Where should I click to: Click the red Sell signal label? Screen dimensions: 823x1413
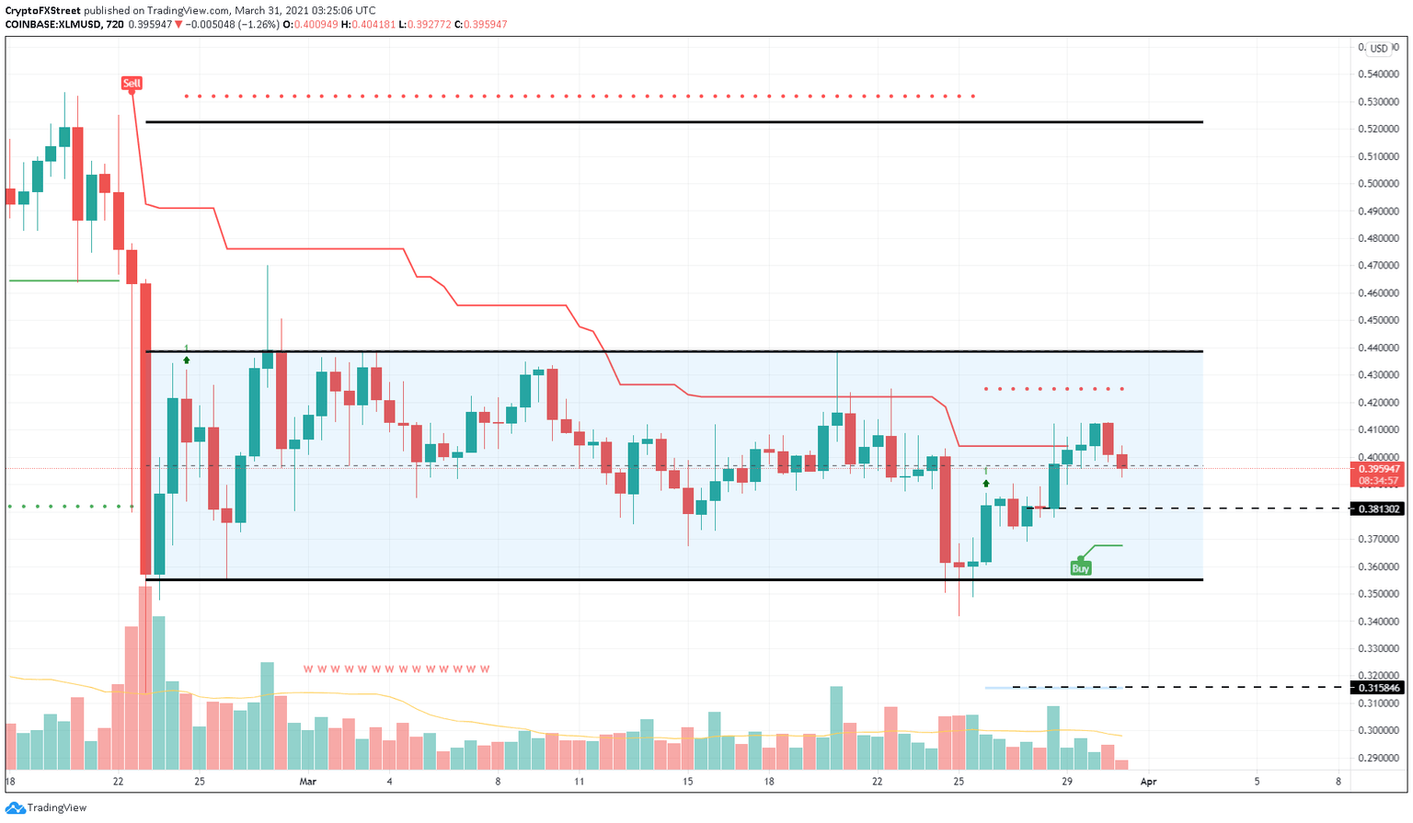pos(132,84)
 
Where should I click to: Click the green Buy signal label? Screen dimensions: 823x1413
pos(1080,568)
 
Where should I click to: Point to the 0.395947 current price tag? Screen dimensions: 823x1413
pos(1377,468)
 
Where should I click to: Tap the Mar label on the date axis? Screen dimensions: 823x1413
pos(307,782)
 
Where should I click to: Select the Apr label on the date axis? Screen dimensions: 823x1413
pos(1147,782)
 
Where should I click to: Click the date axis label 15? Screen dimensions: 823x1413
pos(687,782)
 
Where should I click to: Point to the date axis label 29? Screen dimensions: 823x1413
pos(1066,782)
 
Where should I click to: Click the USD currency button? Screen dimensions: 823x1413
pos(1378,49)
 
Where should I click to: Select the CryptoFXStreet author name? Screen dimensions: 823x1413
pos(41,10)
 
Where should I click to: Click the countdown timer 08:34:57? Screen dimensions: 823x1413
pos(1377,481)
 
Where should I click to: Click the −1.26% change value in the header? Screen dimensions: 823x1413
pos(260,25)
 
